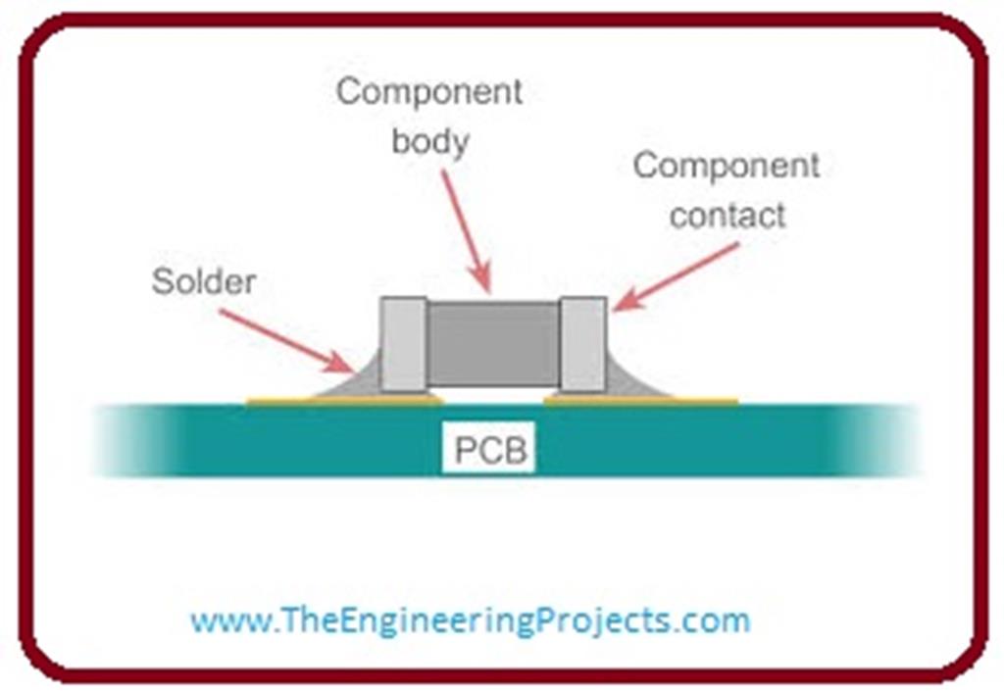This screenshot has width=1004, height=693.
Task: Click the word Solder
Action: click(x=203, y=282)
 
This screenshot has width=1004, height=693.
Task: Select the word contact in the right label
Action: click(x=727, y=215)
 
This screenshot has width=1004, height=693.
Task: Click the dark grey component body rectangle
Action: click(x=492, y=343)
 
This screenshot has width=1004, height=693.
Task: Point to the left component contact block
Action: click(x=403, y=343)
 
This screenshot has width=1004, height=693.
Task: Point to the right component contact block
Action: click(x=582, y=343)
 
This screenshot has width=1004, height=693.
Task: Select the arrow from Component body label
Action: click(x=465, y=230)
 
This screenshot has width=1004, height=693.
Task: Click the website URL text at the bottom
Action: click(x=470, y=620)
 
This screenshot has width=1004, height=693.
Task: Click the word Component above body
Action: click(x=429, y=92)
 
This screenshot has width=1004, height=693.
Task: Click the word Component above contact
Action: click(x=727, y=166)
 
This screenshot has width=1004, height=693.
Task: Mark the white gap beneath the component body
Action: click(x=492, y=395)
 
